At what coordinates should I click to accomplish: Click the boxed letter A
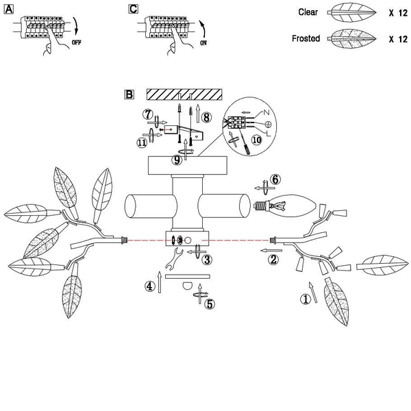pyautogui.click(x=9, y=10)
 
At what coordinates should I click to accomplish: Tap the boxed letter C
pyautogui.click(x=133, y=9)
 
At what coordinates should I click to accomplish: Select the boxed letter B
pyautogui.click(x=129, y=95)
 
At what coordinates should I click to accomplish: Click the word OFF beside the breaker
pyautogui.click(x=77, y=42)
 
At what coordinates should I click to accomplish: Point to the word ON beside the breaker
pyautogui.click(x=203, y=43)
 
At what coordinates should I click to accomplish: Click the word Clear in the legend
pyautogui.click(x=308, y=12)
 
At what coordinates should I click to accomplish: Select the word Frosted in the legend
pyautogui.click(x=306, y=38)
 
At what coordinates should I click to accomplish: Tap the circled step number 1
pyautogui.click(x=306, y=299)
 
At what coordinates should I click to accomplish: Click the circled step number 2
pyautogui.click(x=273, y=260)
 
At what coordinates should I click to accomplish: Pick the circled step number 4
pyautogui.click(x=149, y=286)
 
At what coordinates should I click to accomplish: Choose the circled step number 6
pyautogui.click(x=275, y=179)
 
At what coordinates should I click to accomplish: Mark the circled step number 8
pyautogui.click(x=207, y=117)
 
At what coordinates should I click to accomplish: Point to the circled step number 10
pyautogui.click(x=257, y=140)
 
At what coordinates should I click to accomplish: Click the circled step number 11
pyautogui.click(x=142, y=143)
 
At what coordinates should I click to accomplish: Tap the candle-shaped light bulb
pyautogui.click(x=285, y=206)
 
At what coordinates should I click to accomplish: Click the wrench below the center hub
pyautogui.click(x=174, y=258)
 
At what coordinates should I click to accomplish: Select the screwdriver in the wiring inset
pyautogui.click(x=245, y=142)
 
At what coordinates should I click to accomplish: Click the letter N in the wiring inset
pyautogui.click(x=266, y=112)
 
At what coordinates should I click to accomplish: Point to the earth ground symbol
pyautogui.click(x=268, y=124)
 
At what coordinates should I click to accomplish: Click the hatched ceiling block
pyautogui.click(x=184, y=95)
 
